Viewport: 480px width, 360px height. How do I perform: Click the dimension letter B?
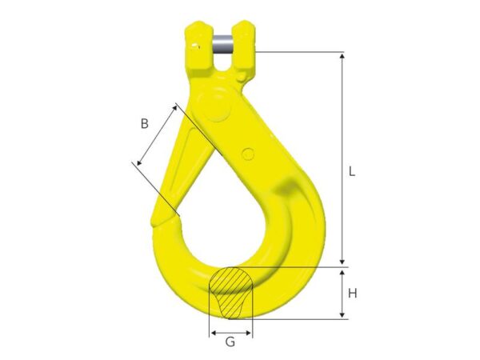[145, 124]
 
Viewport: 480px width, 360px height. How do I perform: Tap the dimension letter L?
[352, 171]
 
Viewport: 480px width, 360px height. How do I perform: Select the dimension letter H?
[353, 294]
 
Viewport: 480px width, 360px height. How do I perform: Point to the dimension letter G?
[230, 342]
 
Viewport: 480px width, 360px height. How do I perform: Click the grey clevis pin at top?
[222, 45]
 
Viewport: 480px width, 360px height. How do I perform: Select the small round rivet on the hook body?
[247, 154]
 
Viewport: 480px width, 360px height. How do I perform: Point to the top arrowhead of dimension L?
[342, 55]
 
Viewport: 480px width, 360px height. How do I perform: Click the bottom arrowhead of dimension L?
[342, 261]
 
